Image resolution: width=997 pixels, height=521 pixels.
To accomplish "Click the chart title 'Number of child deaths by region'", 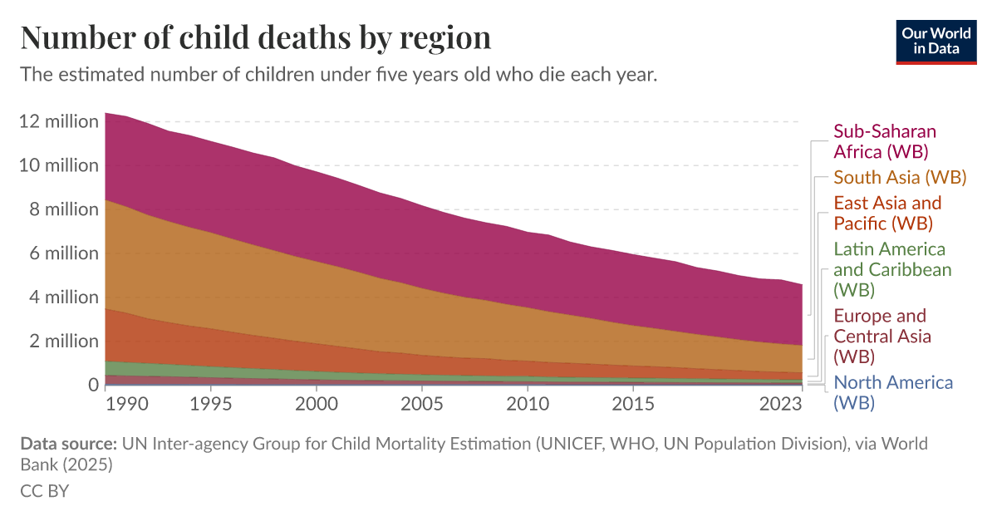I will [255, 38].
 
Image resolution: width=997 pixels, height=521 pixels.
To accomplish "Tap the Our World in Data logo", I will [936, 40].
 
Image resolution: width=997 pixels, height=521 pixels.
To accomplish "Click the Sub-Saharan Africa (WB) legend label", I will [885, 142].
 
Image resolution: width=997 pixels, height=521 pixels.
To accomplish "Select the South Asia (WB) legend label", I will [900, 177].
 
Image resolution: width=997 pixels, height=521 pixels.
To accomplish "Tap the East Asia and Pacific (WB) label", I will [887, 213].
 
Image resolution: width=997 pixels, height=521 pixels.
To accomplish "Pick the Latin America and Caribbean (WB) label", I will [892, 269].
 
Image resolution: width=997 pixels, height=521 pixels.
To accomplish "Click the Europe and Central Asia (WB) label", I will [882, 337].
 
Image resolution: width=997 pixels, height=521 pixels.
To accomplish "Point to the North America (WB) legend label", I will [893, 392].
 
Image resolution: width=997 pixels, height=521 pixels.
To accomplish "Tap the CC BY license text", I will [44, 490].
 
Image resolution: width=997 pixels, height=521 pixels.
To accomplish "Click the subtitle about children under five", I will [339, 75].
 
